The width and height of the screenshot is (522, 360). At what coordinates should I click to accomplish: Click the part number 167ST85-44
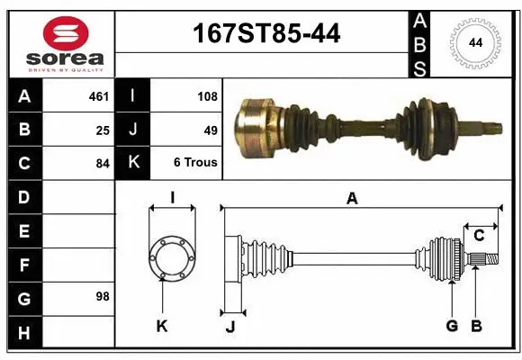click(x=267, y=34)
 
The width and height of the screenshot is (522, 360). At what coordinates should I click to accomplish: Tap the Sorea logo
click(x=66, y=44)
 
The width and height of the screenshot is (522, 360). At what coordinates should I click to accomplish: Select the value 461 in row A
click(x=99, y=94)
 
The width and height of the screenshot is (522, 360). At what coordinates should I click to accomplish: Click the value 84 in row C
click(x=103, y=163)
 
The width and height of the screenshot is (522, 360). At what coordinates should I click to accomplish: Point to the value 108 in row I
click(x=206, y=94)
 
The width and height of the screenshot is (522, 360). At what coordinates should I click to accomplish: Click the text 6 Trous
click(x=195, y=163)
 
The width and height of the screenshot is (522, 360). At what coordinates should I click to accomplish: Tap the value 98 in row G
click(x=103, y=296)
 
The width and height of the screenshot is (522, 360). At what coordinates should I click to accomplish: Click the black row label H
click(x=23, y=334)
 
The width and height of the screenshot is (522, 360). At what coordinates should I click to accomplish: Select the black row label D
click(x=23, y=196)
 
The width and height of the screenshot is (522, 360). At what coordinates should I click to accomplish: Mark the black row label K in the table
click(x=133, y=163)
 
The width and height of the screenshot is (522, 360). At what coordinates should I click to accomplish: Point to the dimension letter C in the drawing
click(x=480, y=236)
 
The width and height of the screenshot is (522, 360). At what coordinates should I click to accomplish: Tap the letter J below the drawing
click(x=230, y=327)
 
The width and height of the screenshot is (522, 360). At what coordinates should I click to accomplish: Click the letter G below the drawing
click(x=452, y=326)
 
